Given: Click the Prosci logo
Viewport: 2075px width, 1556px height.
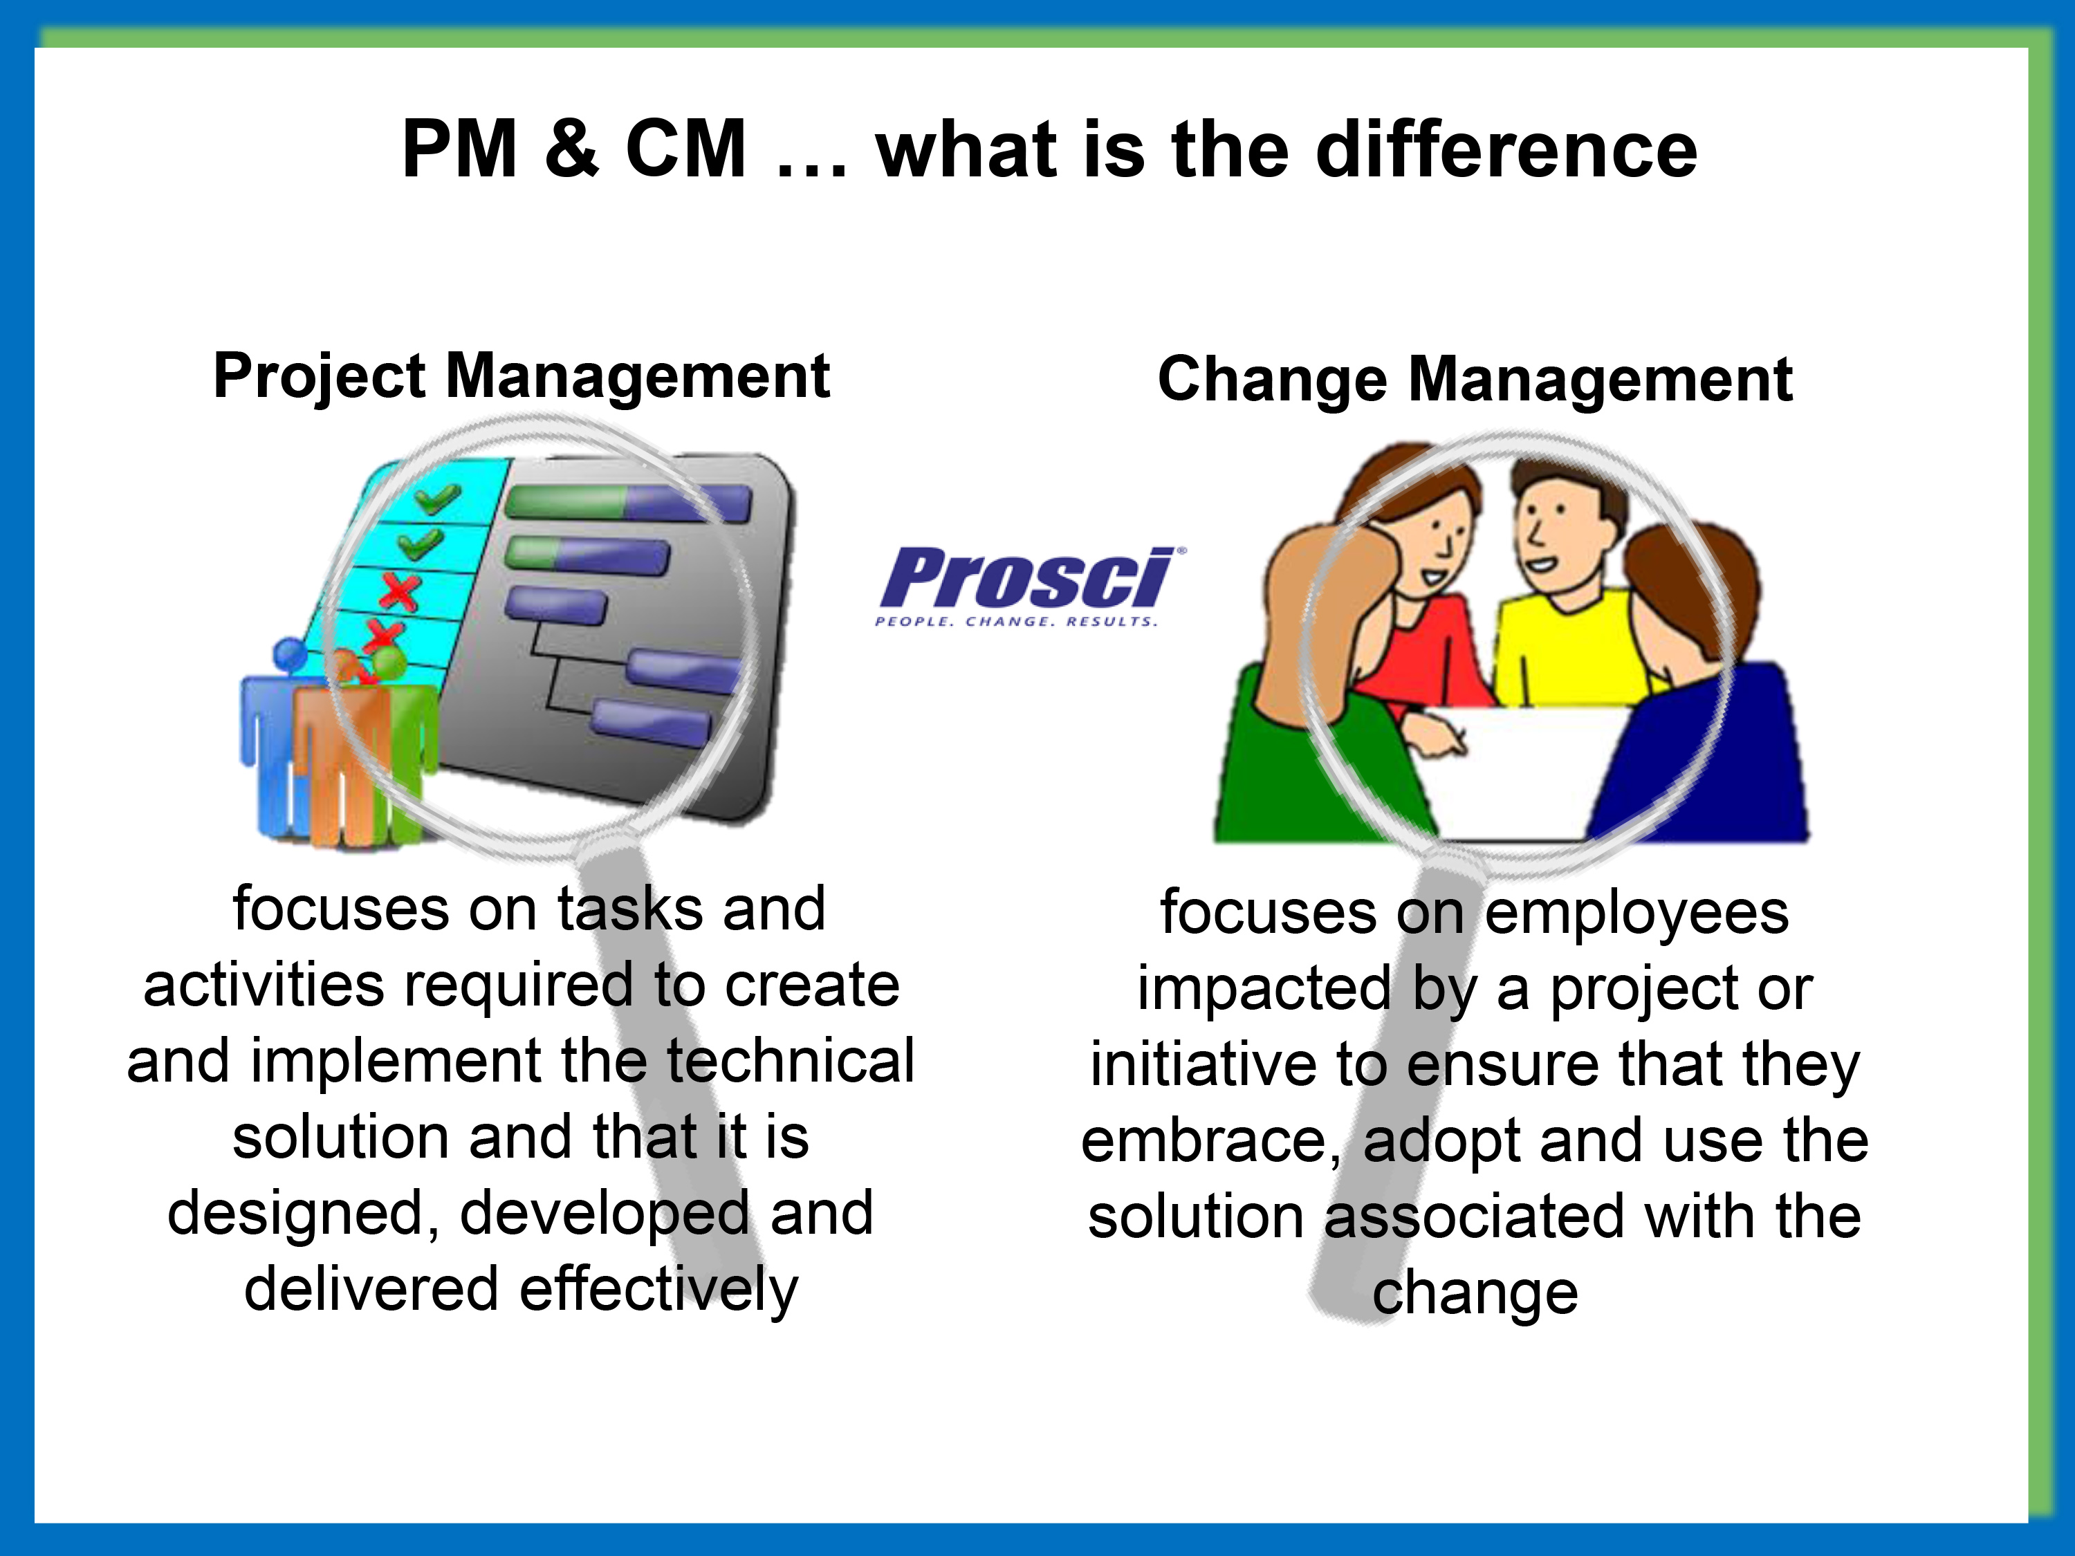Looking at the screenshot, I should pos(1027,579).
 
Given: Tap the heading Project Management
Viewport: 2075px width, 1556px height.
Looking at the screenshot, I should pos(521,376).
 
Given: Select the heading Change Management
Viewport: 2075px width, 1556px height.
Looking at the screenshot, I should pos(1475,380).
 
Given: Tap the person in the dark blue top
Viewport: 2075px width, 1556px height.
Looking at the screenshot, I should pos(1698,713).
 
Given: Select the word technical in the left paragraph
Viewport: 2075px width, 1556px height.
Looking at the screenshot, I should pos(790,1062).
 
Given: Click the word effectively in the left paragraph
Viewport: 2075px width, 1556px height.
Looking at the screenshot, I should pos(658,1290).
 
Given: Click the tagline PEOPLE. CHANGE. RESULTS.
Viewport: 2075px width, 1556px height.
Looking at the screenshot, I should pos(1016,621).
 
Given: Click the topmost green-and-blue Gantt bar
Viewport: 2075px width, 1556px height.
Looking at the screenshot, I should pos(627,503).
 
